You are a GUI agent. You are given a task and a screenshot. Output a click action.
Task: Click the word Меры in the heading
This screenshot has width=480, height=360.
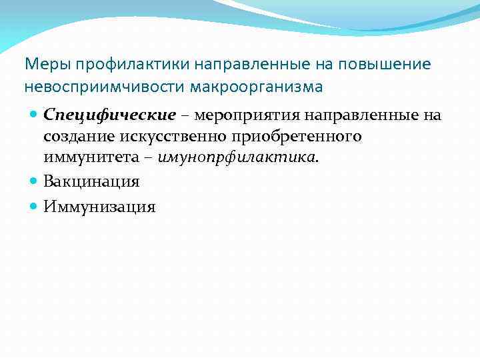point(47,64)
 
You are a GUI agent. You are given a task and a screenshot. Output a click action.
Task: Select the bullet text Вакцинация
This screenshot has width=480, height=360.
point(91,181)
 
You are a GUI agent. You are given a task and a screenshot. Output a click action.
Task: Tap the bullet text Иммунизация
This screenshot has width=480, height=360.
point(99,207)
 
